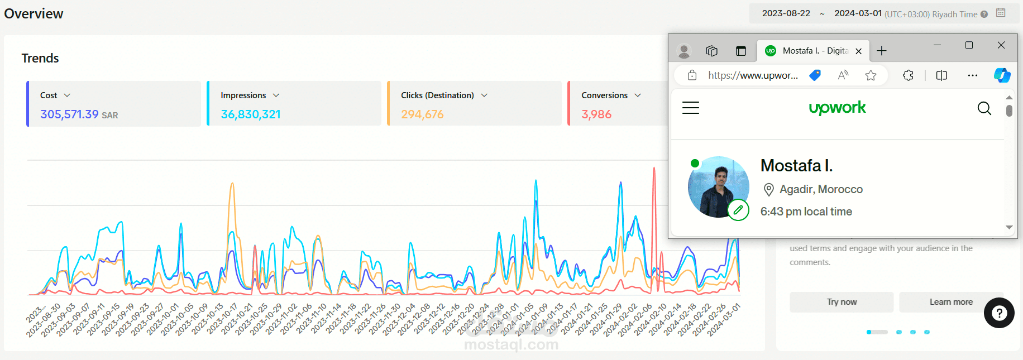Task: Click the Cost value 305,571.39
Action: point(69,114)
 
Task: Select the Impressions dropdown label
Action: point(243,95)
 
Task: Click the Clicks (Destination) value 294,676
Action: point(422,114)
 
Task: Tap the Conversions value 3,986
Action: point(596,114)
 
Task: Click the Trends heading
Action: point(40,58)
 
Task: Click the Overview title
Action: point(34,13)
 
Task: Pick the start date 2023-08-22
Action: point(786,13)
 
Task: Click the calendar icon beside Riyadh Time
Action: point(1001,13)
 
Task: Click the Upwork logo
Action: point(837,108)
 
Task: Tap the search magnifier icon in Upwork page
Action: point(984,108)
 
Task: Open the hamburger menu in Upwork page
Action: point(691,108)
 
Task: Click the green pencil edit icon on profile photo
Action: point(738,210)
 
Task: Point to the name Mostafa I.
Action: point(796,166)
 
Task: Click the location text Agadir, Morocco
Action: point(821,189)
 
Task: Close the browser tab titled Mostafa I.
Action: point(859,51)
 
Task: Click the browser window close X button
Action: point(1001,45)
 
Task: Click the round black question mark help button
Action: point(999,313)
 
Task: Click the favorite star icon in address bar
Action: point(871,75)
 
